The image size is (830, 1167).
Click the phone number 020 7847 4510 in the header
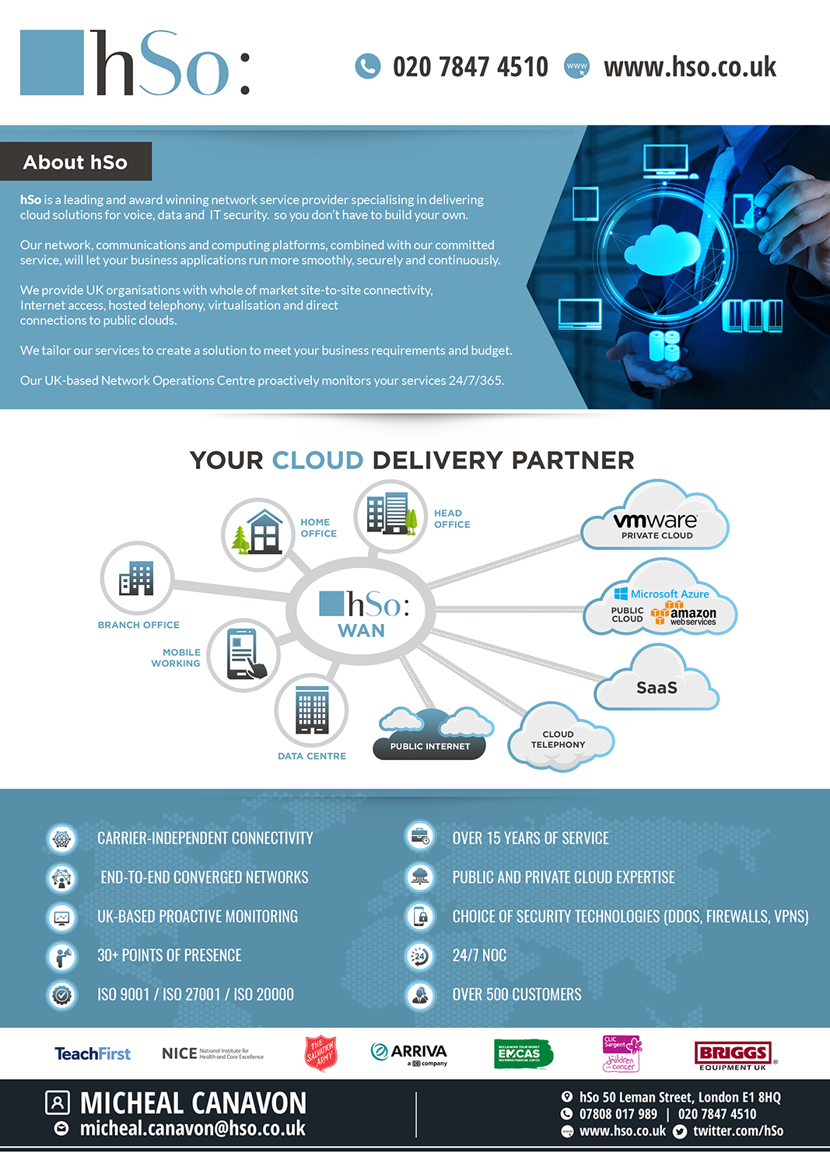pyautogui.click(x=470, y=67)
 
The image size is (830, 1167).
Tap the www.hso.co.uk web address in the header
pyautogui.click(x=689, y=67)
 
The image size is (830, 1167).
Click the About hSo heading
pyautogui.click(x=75, y=162)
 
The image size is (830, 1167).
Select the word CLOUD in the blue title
pyautogui.click(x=317, y=460)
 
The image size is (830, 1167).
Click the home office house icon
pyautogui.click(x=258, y=534)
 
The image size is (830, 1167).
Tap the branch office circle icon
pyautogui.click(x=137, y=578)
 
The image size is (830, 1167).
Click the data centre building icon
pyautogui.click(x=311, y=710)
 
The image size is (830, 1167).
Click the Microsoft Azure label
pyautogui.click(x=669, y=594)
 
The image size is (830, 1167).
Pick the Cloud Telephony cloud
pyautogui.click(x=559, y=740)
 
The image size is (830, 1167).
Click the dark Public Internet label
pyautogui.click(x=429, y=746)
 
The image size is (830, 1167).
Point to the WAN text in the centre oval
pyautogui.click(x=361, y=630)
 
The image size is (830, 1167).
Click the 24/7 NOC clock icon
pyautogui.click(x=420, y=955)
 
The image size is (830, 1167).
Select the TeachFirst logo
pyautogui.click(x=93, y=1053)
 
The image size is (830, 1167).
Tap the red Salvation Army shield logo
pyautogui.click(x=320, y=1053)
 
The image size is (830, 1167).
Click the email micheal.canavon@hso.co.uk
pyautogui.click(x=192, y=1128)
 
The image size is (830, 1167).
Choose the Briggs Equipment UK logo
pyautogui.click(x=734, y=1054)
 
